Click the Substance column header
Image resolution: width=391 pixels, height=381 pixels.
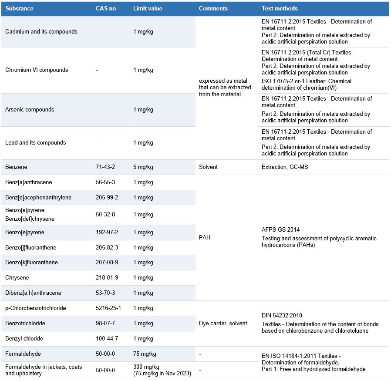(19, 9)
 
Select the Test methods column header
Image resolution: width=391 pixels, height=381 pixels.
(280, 9)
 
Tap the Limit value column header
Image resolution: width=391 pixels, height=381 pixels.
(148, 9)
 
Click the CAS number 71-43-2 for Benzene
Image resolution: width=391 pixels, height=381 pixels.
(105, 167)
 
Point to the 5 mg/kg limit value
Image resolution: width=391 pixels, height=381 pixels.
(143, 167)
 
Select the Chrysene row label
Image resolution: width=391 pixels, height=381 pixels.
(17, 278)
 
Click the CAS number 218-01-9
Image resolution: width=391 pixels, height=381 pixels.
(107, 278)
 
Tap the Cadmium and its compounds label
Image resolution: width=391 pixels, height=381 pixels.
(41, 32)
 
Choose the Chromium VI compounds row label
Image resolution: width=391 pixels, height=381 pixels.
(37, 70)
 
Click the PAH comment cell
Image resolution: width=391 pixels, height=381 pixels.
(205, 238)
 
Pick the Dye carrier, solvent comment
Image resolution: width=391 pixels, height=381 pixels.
(222, 324)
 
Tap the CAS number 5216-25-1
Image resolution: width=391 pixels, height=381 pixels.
(108, 308)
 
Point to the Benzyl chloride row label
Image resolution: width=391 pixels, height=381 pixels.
(24, 339)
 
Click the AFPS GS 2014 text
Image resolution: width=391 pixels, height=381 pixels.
(281, 230)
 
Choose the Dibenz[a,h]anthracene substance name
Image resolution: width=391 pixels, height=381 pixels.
(33, 293)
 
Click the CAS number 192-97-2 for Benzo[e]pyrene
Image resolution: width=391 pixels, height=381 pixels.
(107, 233)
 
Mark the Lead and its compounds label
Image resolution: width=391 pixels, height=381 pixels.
(36, 143)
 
